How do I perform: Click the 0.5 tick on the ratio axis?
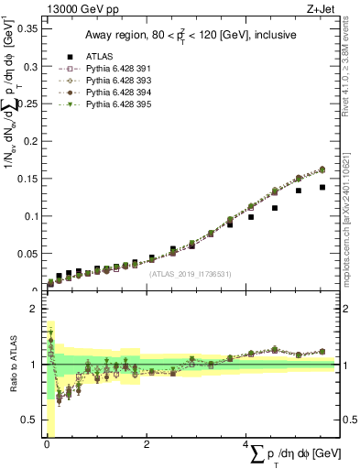(31, 420)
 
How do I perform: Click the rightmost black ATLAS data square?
(322, 187)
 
